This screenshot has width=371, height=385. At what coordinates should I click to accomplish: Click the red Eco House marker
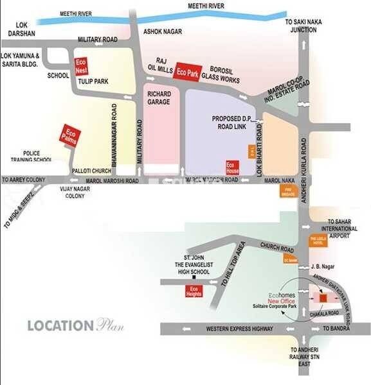(x=233, y=169)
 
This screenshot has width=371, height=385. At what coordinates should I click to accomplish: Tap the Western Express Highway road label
(x=237, y=329)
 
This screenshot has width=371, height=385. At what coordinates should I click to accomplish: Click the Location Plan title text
(x=75, y=325)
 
